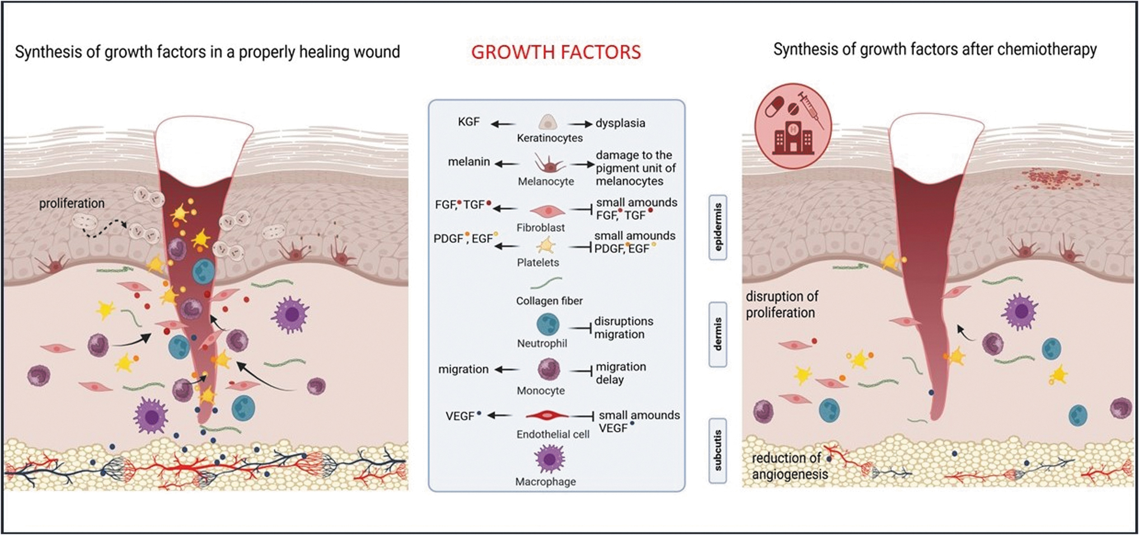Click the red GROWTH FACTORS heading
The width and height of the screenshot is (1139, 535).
pyautogui.click(x=556, y=52)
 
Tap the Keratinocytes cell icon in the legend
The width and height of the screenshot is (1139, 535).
pyautogui.click(x=547, y=123)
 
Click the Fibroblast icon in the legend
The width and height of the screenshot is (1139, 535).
pyautogui.click(x=547, y=211)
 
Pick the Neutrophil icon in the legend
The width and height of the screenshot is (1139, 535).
pyautogui.click(x=548, y=325)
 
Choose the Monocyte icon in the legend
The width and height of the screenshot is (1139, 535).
pyautogui.click(x=549, y=369)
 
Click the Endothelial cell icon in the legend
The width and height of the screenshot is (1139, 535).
pyautogui.click(x=547, y=415)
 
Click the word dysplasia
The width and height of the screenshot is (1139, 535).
pyautogui.click(x=620, y=123)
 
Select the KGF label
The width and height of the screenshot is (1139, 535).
pyautogui.click(x=468, y=121)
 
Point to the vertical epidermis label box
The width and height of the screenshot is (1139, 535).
pyautogui.click(x=718, y=227)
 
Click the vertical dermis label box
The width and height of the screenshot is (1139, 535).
pyautogui.click(x=718, y=334)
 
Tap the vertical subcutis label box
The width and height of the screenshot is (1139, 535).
pyautogui.click(x=718, y=450)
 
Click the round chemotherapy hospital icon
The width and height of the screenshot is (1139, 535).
pyautogui.click(x=793, y=126)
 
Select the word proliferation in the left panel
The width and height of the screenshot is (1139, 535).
pyautogui.click(x=72, y=203)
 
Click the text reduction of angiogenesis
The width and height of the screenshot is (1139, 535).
pyautogui.click(x=790, y=466)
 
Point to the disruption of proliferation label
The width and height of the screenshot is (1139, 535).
pyautogui.click(x=782, y=304)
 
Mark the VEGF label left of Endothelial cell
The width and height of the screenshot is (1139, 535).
pyautogui.click(x=460, y=416)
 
